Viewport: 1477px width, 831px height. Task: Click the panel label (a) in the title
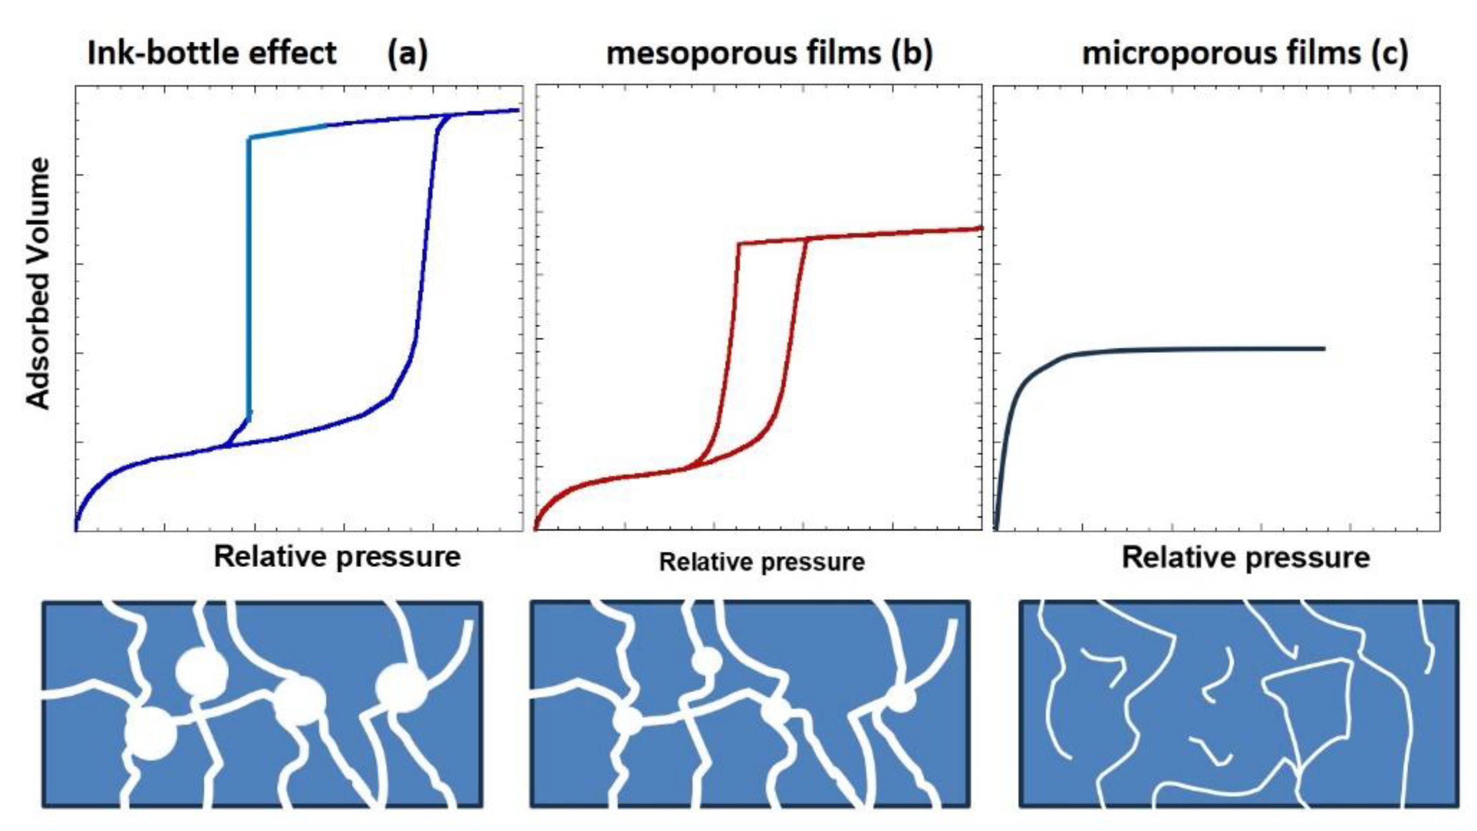[407, 54]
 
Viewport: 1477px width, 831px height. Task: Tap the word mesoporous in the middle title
[743, 54]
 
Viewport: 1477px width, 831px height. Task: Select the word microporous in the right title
[1221, 54]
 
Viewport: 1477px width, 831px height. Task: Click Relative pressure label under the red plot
[762, 562]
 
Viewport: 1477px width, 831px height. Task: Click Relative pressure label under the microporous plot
[1245, 558]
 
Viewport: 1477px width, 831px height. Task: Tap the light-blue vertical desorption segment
[249, 275]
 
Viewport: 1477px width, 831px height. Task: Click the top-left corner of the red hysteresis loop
[740, 245]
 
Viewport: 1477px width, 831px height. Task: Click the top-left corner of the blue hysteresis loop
[250, 138]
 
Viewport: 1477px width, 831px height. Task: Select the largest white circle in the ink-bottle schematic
[151, 733]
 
